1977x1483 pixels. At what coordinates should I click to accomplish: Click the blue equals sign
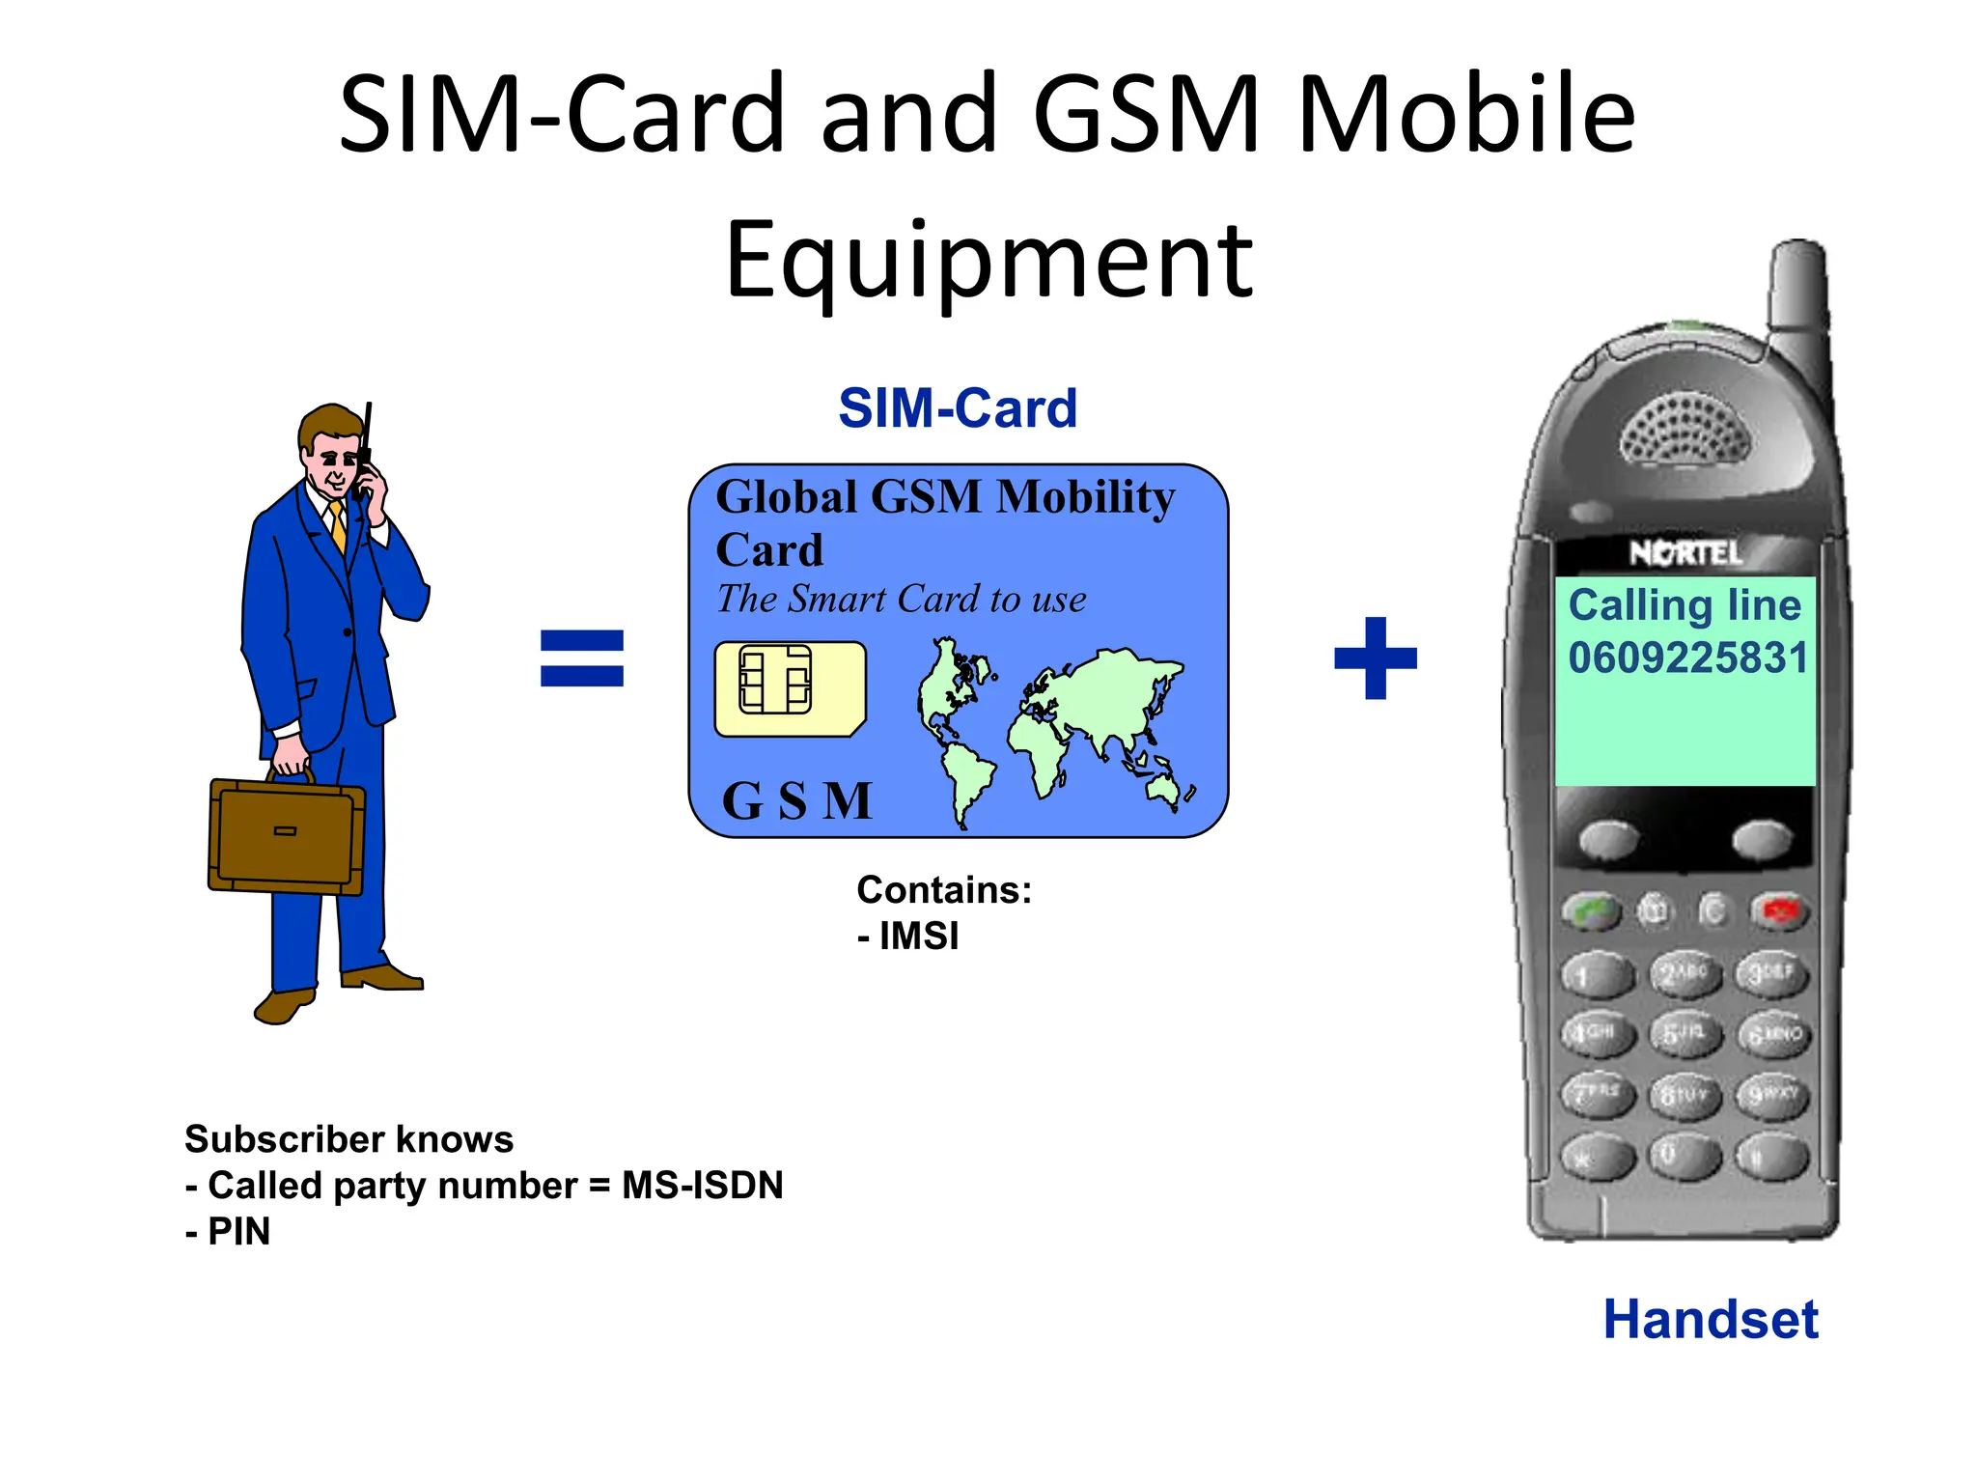click(x=581, y=658)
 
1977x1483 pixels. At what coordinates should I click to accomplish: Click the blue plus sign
click(x=1375, y=658)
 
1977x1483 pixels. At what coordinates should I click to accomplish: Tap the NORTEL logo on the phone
click(x=1685, y=553)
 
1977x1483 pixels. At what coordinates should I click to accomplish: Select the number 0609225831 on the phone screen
click(x=1687, y=658)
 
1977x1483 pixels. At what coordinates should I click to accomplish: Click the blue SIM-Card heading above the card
click(x=957, y=408)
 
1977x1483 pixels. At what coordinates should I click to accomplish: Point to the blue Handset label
click(x=1710, y=1319)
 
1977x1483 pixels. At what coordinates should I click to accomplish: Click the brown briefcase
click(x=286, y=836)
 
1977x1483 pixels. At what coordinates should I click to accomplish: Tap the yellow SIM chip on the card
click(x=790, y=688)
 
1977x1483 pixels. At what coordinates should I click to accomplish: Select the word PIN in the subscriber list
click(x=238, y=1232)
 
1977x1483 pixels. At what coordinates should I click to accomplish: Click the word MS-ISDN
click(x=702, y=1186)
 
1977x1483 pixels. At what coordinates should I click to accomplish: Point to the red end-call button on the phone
click(x=1779, y=910)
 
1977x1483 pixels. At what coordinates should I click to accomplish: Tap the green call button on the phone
click(x=1591, y=910)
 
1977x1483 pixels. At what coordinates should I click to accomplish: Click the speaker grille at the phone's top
click(x=1685, y=431)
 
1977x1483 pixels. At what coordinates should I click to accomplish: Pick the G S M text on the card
click(x=796, y=800)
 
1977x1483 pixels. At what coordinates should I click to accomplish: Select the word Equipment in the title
click(x=988, y=261)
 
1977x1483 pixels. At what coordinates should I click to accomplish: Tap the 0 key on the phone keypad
click(x=1684, y=1154)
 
